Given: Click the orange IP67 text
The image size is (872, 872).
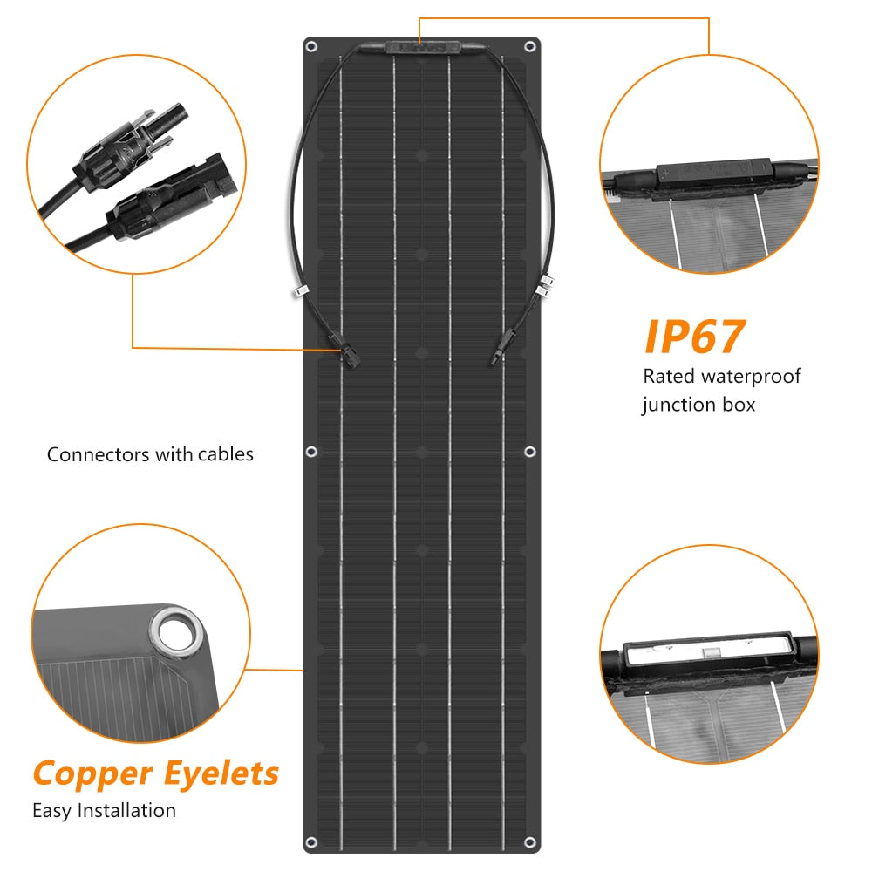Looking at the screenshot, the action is click(x=695, y=337).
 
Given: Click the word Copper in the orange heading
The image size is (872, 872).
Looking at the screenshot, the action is click(x=93, y=774).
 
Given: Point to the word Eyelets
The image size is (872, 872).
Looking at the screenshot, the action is click(x=221, y=773).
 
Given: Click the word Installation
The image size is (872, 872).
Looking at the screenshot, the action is click(x=126, y=810).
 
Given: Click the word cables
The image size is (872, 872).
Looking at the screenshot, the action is click(x=225, y=454).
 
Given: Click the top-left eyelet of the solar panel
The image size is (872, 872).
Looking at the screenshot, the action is click(x=311, y=46).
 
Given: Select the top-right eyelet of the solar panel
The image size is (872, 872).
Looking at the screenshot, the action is click(x=530, y=46).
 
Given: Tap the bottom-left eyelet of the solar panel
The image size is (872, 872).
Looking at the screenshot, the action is click(x=312, y=842).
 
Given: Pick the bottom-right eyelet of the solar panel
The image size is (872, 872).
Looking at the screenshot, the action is click(x=530, y=842).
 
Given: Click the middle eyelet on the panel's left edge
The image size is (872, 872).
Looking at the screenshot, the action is click(x=311, y=452).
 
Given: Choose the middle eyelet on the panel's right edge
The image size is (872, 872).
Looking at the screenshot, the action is click(x=530, y=452).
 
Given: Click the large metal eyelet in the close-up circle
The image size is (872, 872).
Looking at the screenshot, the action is click(x=177, y=634).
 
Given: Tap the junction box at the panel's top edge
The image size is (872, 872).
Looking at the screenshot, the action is click(x=423, y=48).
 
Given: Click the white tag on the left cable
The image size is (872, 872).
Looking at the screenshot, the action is click(x=301, y=291).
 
